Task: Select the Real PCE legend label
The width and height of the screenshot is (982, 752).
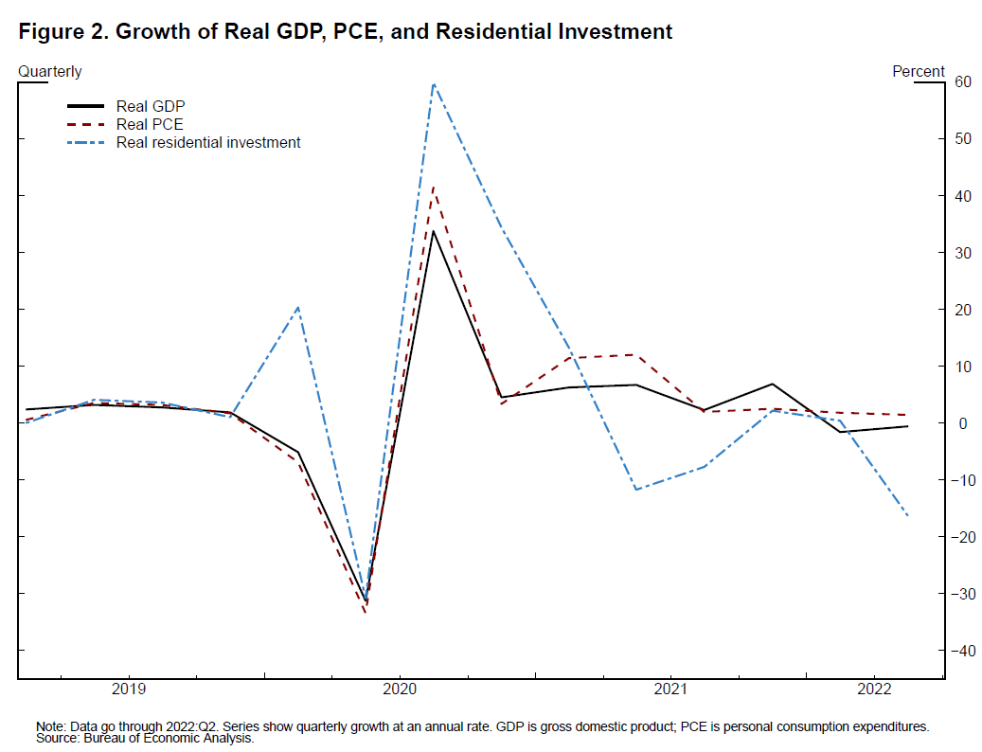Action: (x=150, y=124)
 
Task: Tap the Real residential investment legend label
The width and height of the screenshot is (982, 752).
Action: (x=208, y=143)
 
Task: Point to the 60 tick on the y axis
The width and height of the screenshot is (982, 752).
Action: (x=964, y=81)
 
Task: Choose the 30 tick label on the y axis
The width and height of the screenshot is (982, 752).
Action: (x=964, y=253)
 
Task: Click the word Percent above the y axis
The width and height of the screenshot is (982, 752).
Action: (x=919, y=71)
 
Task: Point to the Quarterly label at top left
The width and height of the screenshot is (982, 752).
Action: (x=50, y=71)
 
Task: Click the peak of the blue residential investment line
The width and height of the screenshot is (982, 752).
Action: (x=434, y=83)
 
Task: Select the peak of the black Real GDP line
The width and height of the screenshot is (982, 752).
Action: (x=434, y=231)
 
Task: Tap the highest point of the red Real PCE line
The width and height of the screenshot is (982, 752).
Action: (x=434, y=187)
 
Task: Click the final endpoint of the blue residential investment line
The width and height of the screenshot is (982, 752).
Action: (x=907, y=515)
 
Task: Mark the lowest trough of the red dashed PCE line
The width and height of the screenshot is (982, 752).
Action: (x=366, y=612)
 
